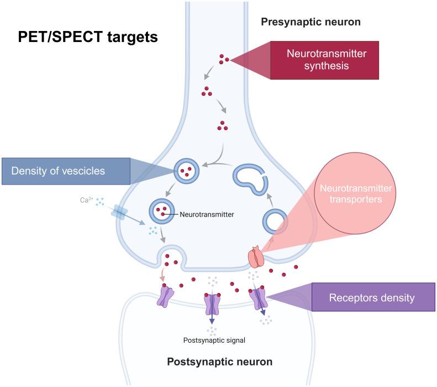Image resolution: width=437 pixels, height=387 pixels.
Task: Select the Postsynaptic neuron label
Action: [219, 363]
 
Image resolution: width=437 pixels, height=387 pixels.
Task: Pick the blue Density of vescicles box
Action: [66, 171]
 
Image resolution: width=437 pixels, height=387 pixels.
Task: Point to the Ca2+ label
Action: [85, 200]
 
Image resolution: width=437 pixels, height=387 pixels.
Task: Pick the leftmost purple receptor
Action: [166, 296]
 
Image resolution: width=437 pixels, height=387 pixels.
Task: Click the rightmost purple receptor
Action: [259, 299]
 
